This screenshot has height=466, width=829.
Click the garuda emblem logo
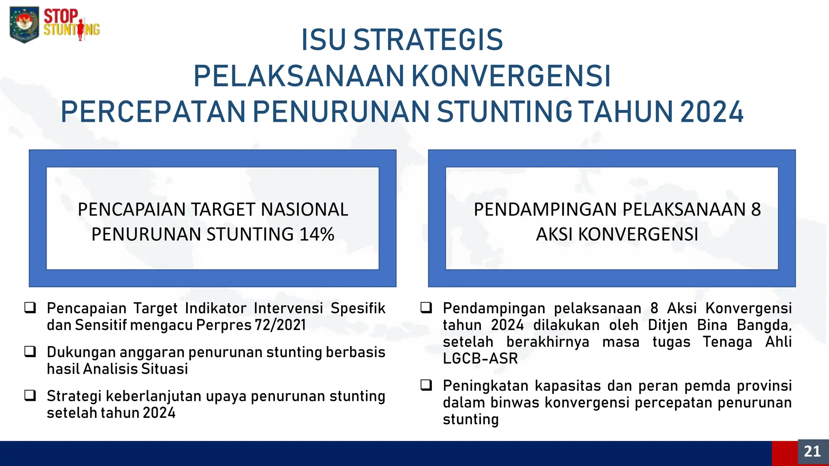[24, 24]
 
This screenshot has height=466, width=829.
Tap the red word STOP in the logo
[61, 16]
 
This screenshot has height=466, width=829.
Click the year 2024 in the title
[712, 112]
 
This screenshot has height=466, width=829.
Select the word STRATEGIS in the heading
[428, 40]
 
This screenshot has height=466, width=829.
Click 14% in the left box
[317, 235]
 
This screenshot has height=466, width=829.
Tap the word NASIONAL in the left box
[304, 210]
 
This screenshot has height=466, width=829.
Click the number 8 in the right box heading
[756, 210]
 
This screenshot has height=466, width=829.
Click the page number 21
[812, 451]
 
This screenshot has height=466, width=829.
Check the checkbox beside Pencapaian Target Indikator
[30, 308]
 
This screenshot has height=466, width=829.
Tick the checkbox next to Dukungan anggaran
[30, 352]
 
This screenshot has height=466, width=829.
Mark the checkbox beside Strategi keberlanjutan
[30, 395]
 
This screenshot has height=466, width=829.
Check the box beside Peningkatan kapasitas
[426, 385]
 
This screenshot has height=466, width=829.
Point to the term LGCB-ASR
[480, 359]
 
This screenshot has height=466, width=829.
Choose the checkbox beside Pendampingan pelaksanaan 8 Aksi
[426, 308]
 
